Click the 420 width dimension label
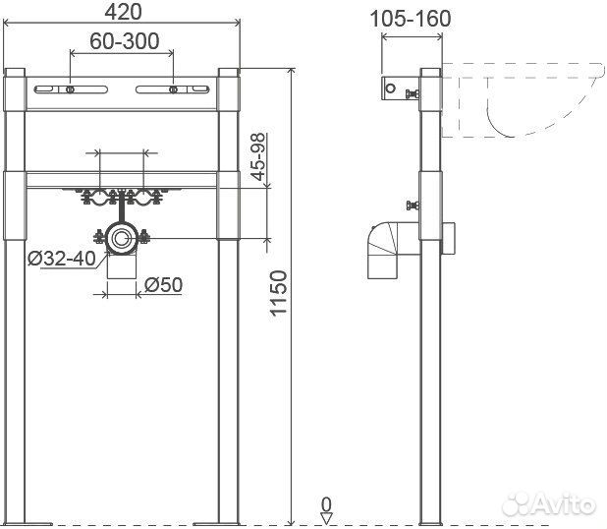[x=124, y=12]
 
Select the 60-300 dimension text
[x=125, y=41]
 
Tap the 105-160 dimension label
[x=411, y=19]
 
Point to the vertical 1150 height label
[x=279, y=293]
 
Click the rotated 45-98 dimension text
[x=258, y=156]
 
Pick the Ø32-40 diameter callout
[x=62, y=258]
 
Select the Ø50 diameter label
[x=163, y=285]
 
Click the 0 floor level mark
[x=327, y=505]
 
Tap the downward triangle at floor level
[x=327, y=519]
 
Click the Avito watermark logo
[x=548, y=504]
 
